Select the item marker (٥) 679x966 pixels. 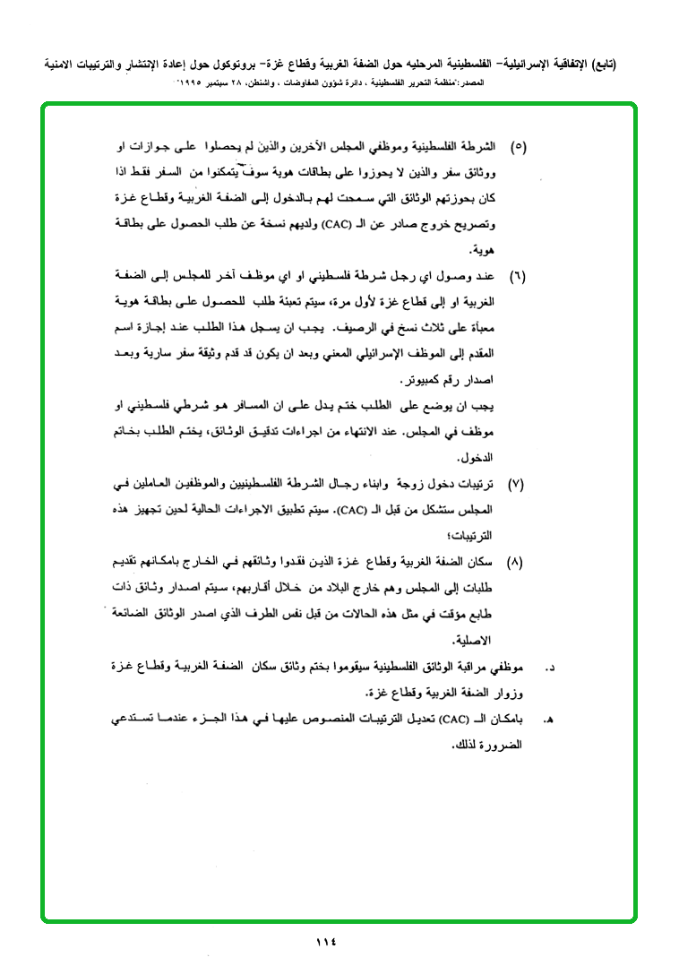pyautogui.click(x=518, y=145)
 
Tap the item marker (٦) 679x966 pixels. pyautogui.click(x=518, y=276)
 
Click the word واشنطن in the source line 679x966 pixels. pyautogui.click(x=271, y=82)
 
